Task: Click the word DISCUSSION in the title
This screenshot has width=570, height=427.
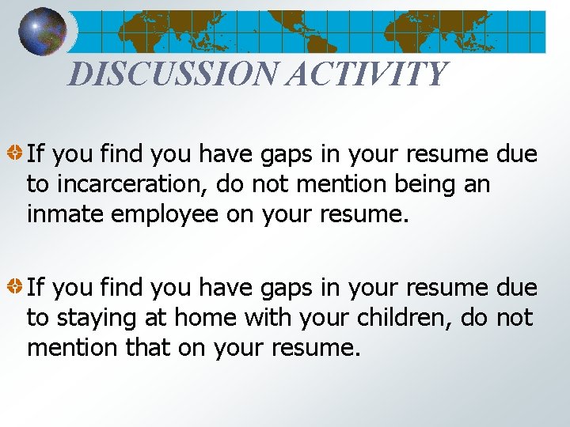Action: [173, 74]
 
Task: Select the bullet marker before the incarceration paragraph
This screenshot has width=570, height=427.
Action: [15, 150]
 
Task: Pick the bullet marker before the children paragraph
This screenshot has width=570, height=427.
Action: [15, 283]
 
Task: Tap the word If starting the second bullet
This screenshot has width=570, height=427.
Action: [36, 288]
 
